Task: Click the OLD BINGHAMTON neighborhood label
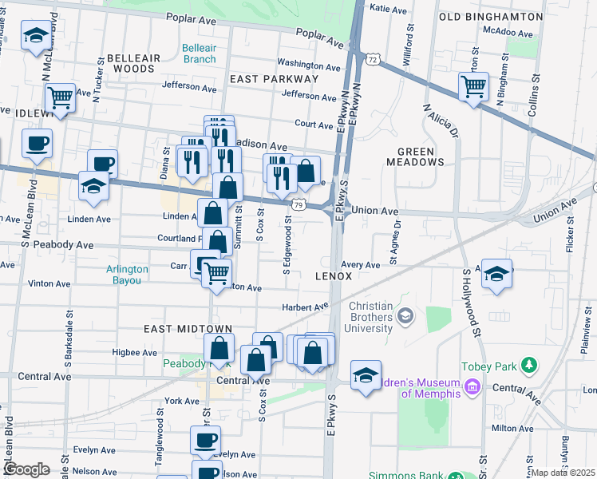coord(490,16)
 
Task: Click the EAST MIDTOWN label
coord(188,329)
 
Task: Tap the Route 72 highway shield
coord(373,59)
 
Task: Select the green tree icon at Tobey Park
coord(528,366)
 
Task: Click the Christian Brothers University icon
coord(406,318)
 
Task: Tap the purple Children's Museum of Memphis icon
coord(472,388)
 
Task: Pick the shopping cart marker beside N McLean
coord(60,97)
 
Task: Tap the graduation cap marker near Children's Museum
coord(366,374)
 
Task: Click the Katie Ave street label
coord(391,9)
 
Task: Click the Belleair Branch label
coord(199,53)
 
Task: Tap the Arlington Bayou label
coord(128,275)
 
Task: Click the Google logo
coord(26,469)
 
